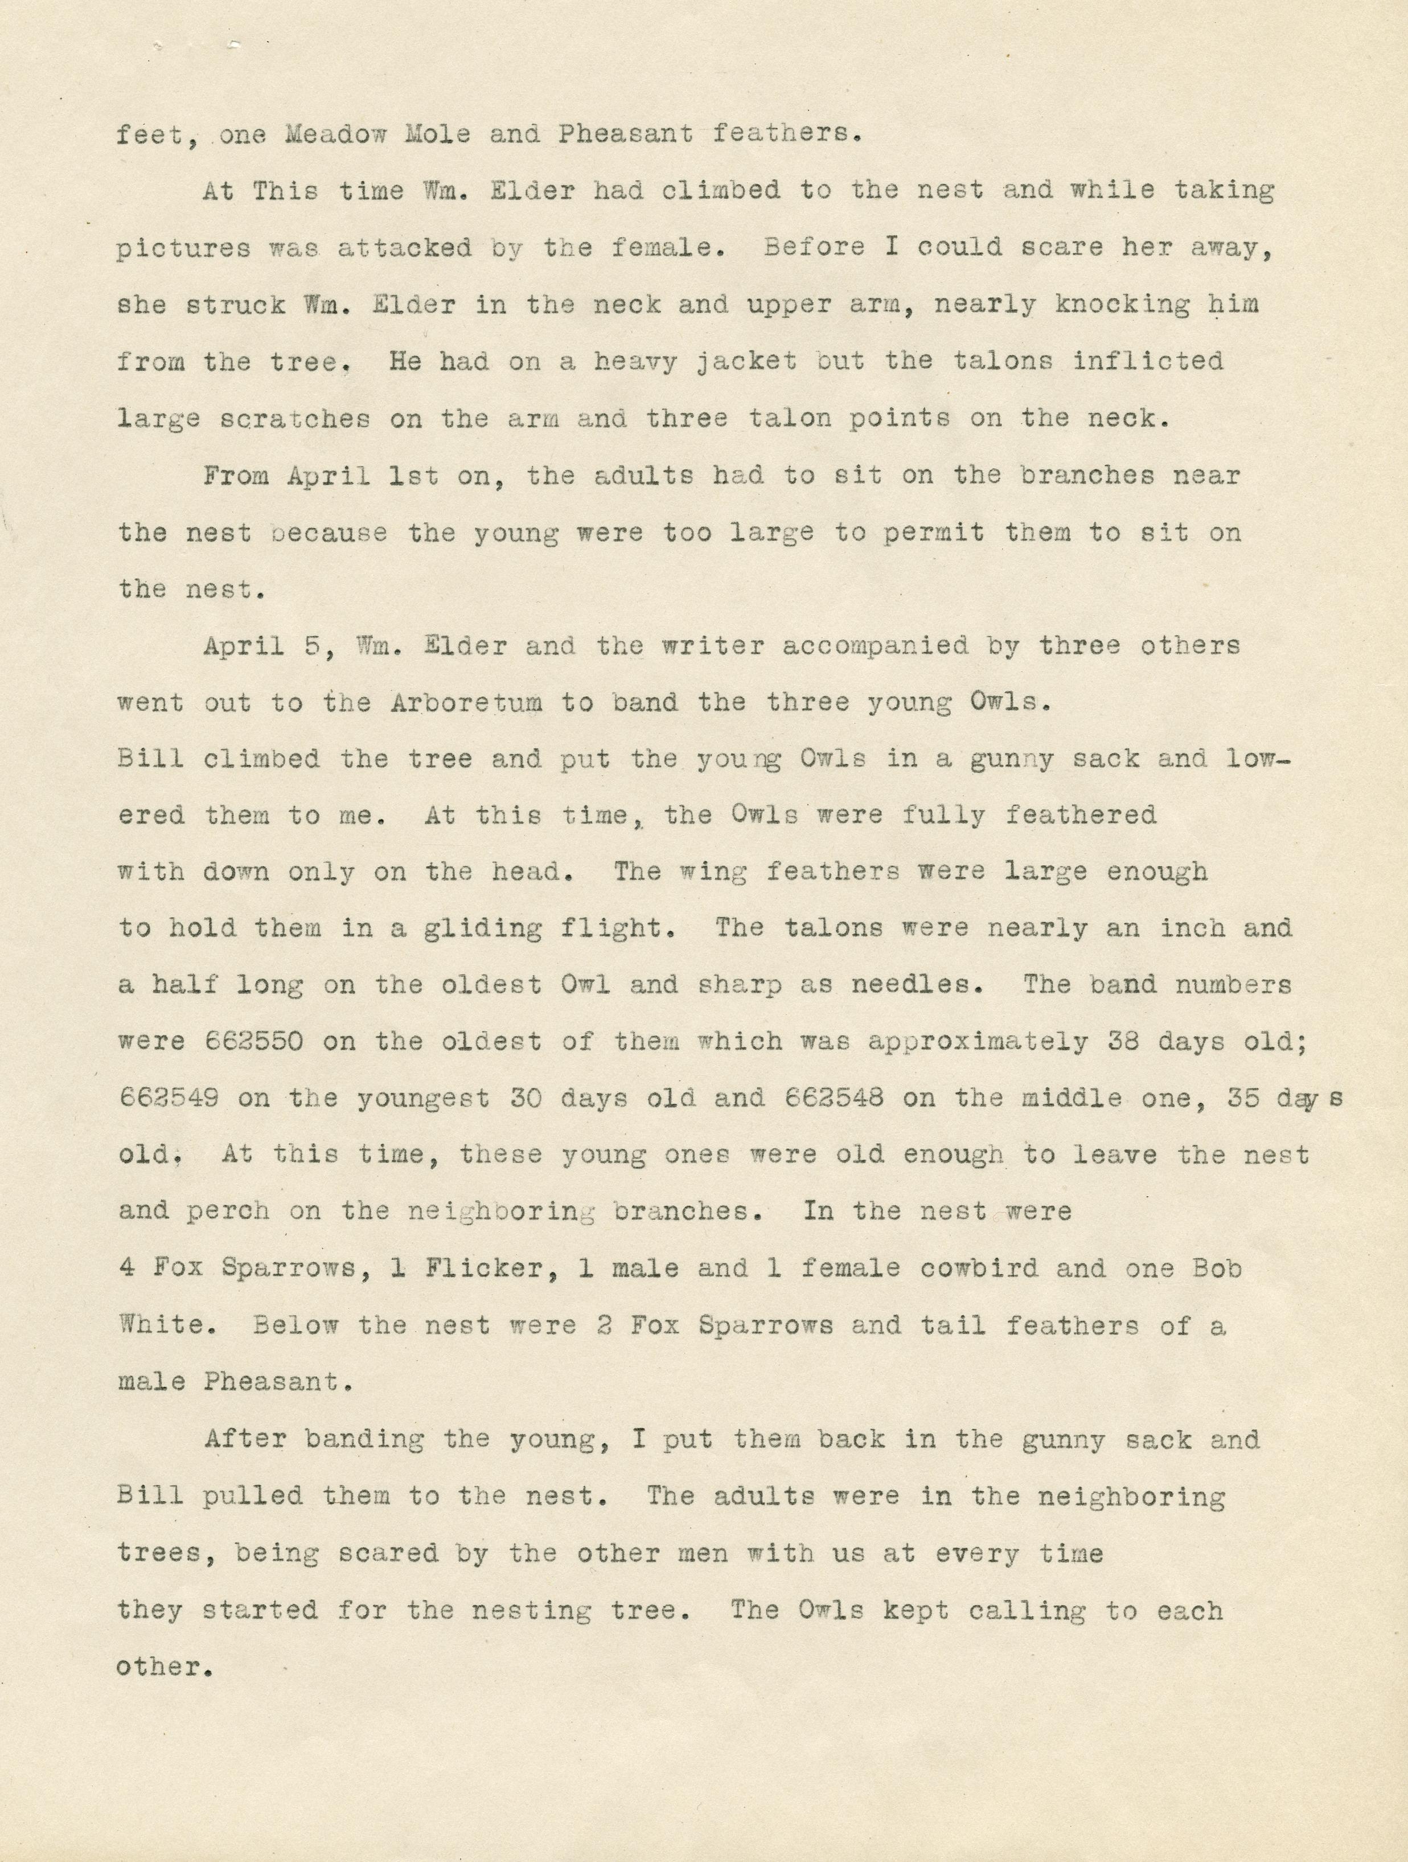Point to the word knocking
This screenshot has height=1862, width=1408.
click(x=1123, y=305)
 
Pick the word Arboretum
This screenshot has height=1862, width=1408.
click(x=466, y=702)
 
